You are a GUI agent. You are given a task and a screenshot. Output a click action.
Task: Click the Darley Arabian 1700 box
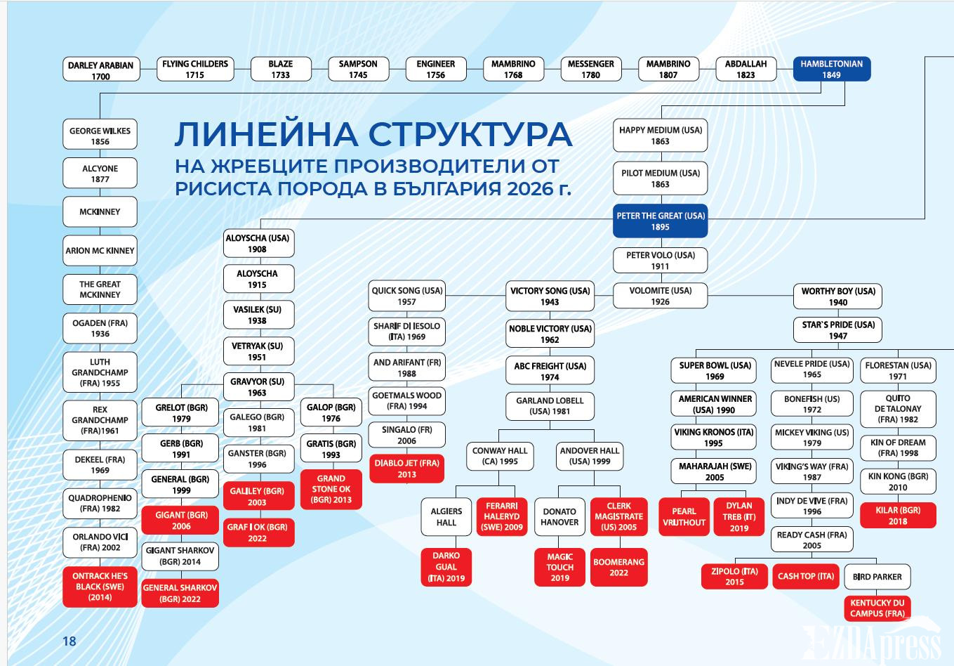100,70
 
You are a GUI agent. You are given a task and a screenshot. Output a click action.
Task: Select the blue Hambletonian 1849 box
831,69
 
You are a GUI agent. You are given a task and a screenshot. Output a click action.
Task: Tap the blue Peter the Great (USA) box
660,221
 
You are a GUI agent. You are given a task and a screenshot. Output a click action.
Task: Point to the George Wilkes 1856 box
100,136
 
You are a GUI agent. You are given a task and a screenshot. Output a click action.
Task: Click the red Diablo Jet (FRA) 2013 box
406,469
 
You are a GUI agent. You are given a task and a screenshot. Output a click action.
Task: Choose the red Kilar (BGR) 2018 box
898,515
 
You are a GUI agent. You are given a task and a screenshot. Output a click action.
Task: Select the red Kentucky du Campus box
877,608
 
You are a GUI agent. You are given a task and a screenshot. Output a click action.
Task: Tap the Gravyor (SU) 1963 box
257,387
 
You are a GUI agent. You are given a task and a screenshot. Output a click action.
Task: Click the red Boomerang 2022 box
618,567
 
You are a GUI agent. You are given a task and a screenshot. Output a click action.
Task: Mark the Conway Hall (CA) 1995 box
500,456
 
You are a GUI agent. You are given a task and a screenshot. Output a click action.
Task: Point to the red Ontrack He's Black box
100,587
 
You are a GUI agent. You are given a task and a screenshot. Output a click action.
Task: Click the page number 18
69,641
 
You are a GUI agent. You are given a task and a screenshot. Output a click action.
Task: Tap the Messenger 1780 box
590,69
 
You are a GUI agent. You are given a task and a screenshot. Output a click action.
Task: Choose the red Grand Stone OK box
331,489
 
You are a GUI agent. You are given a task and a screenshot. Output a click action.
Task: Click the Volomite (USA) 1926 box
660,296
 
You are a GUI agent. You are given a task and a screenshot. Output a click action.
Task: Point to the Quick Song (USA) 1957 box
407,296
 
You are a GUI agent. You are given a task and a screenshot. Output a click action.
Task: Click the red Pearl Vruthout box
684,516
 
